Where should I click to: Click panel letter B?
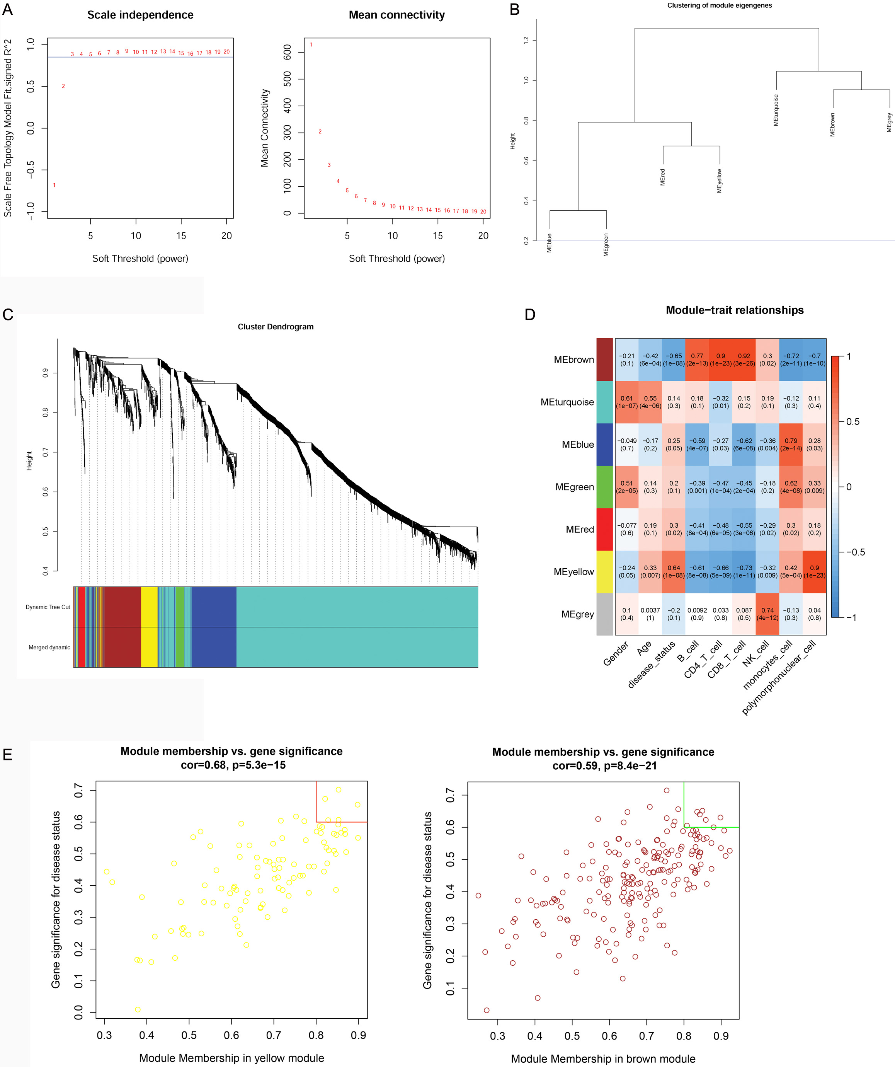coord(515,10)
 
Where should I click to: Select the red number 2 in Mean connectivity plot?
coord(320,131)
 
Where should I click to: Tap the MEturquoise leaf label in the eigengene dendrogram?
coord(776,110)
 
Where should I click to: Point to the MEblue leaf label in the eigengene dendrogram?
coord(549,243)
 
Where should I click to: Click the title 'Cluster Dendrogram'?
coord(275,327)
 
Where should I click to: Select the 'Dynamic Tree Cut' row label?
coord(48,607)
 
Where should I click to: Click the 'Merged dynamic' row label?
coord(49,647)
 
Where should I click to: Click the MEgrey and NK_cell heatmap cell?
coord(767,614)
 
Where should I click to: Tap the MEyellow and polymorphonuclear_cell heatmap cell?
coord(814,572)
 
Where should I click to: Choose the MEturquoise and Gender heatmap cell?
coord(627,402)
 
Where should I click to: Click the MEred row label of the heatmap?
coord(580,529)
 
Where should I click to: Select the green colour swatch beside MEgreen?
coord(604,487)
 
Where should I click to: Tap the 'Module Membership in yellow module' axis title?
coord(231,1058)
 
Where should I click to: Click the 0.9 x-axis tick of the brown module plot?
coord(721,1036)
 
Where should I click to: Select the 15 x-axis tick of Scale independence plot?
coord(181,236)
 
